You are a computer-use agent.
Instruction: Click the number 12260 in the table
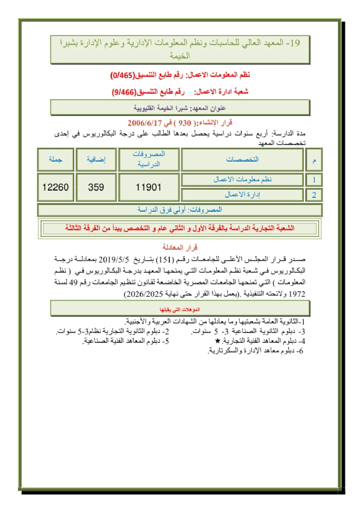click(x=55, y=187)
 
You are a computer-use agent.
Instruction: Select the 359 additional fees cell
click(x=96, y=187)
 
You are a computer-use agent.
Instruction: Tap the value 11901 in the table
click(x=148, y=187)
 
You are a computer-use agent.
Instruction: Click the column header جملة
click(x=55, y=159)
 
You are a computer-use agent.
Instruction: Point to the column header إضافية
click(x=96, y=159)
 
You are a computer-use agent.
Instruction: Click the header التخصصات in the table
click(x=242, y=159)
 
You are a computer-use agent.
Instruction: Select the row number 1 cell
click(x=314, y=180)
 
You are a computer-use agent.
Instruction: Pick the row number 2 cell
click(x=314, y=195)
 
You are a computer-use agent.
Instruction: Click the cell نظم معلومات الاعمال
click(x=242, y=180)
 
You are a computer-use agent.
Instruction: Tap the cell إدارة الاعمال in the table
click(x=242, y=195)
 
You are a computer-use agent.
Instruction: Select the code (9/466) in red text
click(x=124, y=92)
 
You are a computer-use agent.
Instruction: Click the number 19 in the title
click(x=295, y=43)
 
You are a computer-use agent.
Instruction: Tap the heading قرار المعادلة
click(x=180, y=247)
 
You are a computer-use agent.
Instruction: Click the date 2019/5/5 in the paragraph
click(x=114, y=259)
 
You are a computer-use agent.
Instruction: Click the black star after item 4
click(x=218, y=340)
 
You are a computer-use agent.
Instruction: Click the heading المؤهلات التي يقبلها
click(x=180, y=309)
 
